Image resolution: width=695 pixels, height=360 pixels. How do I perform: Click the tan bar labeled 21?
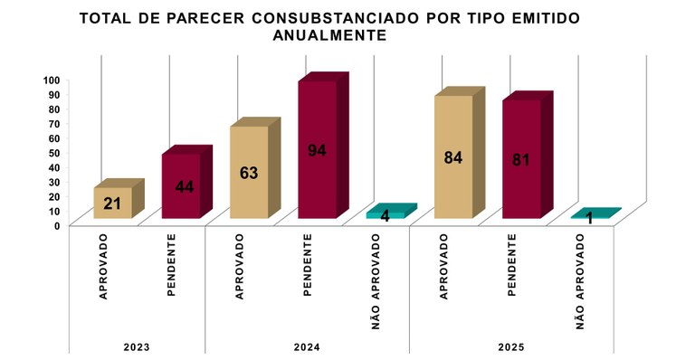pos(113,203)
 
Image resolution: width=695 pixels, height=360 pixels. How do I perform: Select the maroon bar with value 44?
pos(181,186)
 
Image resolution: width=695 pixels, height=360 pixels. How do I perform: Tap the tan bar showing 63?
pos(249,172)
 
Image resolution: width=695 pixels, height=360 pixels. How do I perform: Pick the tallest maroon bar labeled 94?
pos(317,150)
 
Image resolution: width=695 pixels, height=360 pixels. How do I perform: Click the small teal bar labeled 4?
pos(386,215)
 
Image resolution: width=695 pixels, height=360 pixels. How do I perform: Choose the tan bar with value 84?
pos(453,156)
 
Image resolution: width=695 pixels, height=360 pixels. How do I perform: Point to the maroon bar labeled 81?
pos(521,159)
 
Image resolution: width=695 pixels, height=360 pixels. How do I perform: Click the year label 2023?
pos(137,347)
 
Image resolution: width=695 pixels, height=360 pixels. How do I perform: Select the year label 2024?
pos(307,347)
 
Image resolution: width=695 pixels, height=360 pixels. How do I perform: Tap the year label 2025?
pos(511,347)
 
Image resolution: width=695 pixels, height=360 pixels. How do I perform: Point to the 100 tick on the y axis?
pos(52,81)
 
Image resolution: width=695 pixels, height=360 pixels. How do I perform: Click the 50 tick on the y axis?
pos(54,153)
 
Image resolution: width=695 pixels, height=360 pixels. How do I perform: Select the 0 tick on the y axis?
pos(57,225)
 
